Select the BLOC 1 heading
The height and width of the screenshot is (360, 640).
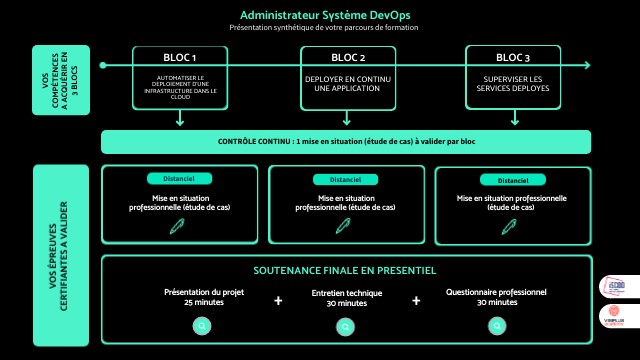(x=180, y=56)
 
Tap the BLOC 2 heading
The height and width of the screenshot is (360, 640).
(x=348, y=56)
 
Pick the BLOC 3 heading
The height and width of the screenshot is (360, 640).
(x=512, y=56)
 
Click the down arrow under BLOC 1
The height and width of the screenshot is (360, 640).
(x=180, y=117)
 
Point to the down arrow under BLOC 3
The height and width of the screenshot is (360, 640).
(x=512, y=117)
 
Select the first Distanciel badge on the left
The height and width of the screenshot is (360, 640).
(x=177, y=179)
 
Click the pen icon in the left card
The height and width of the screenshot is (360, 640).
(x=177, y=226)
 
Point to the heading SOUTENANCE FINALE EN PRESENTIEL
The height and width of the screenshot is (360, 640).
(x=345, y=271)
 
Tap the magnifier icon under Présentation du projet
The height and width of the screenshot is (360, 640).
(x=203, y=325)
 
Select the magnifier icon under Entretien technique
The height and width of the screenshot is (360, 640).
(x=345, y=326)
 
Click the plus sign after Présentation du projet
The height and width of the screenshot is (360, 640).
(x=278, y=299)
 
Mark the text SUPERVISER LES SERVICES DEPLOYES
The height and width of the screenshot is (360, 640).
(x=512, y=82)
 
